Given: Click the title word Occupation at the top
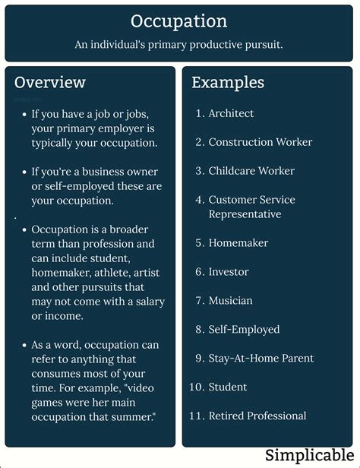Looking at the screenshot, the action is coord(178,21).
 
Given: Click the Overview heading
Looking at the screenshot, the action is coord(50,82).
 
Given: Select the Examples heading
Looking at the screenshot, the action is coord(228,82).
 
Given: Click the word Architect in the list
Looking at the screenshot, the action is coord(231,113).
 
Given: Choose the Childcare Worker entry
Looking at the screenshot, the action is coord(251,171).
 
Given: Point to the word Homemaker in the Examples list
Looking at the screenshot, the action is coord(238,243).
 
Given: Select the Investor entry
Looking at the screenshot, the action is coord(229,272).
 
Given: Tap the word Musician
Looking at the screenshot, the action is coord(230,301).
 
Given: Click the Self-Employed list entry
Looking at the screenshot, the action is coord(244,330).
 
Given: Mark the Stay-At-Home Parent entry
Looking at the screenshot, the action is coord(261,359).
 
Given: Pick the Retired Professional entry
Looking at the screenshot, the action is coord(257,416).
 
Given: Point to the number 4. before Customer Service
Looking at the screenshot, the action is coord(200,200).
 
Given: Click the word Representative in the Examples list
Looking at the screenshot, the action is coord(245,214).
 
